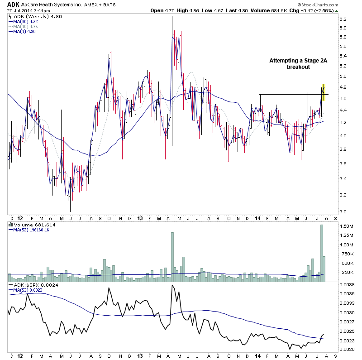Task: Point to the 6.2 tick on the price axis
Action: (343, 19)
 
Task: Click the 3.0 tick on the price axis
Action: (343, 211)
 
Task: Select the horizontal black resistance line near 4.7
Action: (290, 94)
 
